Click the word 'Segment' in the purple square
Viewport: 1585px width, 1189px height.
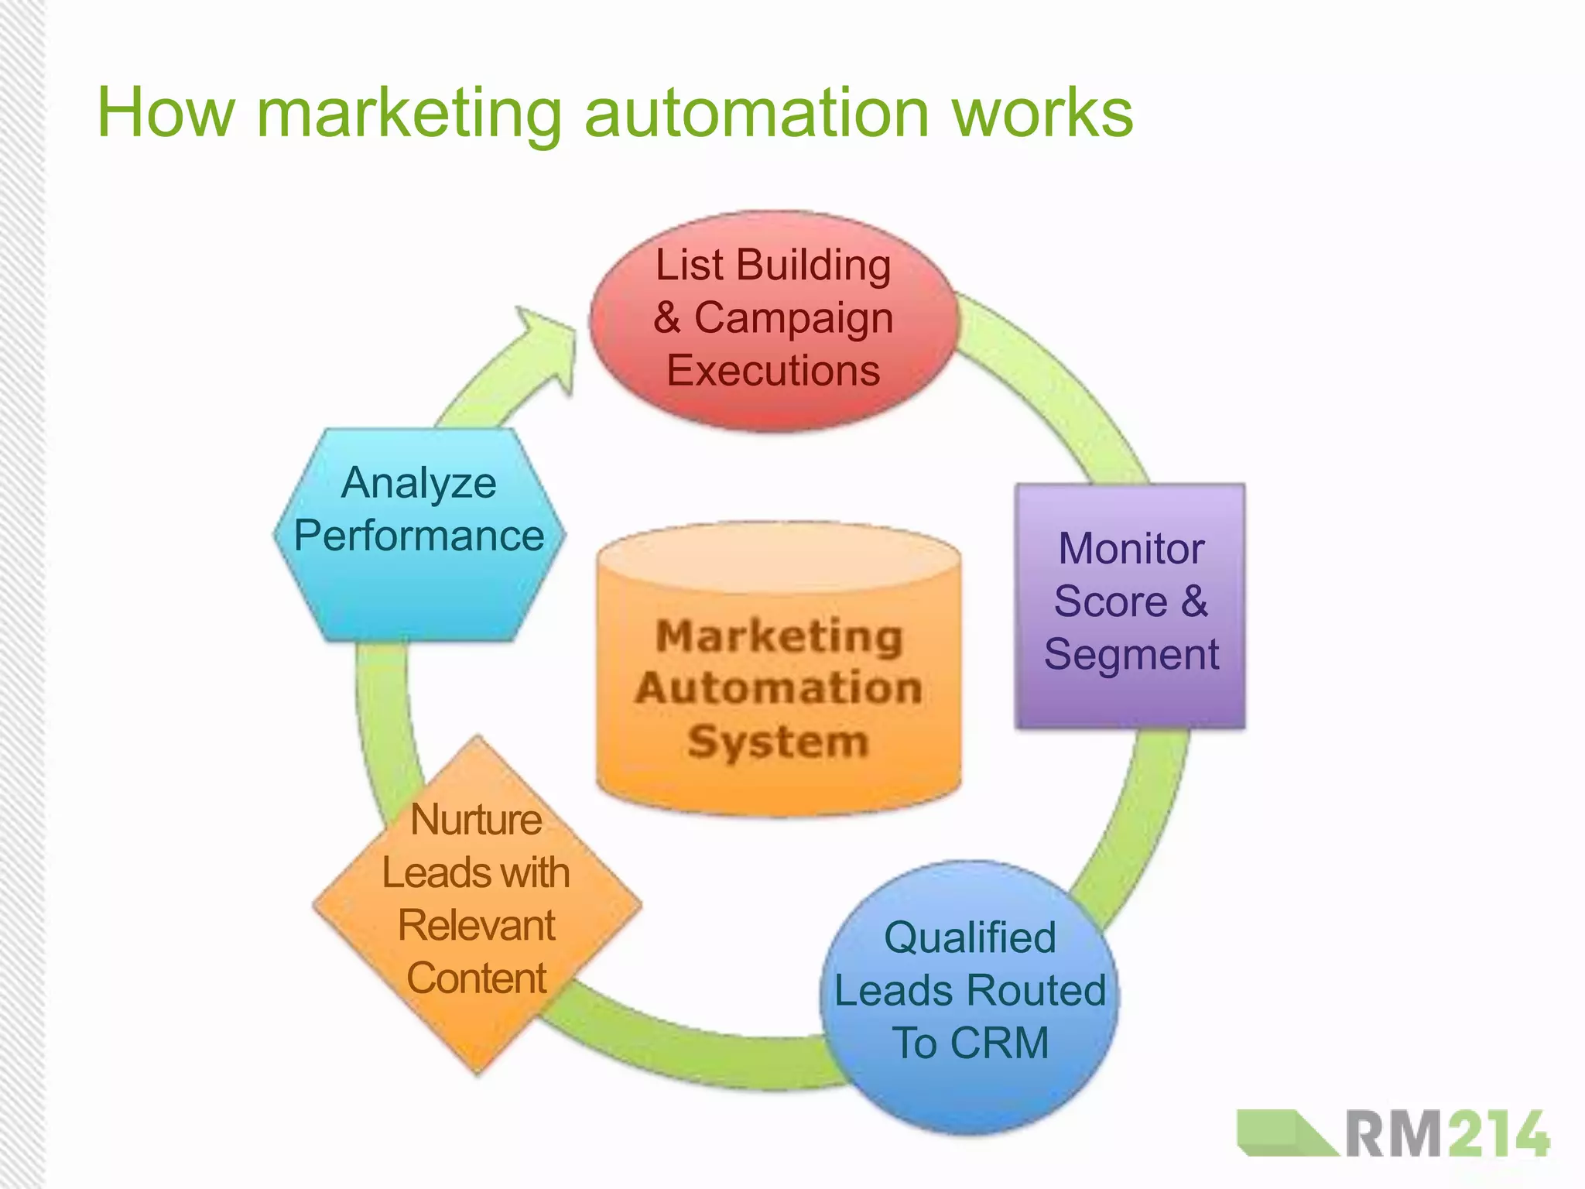(1131, 655)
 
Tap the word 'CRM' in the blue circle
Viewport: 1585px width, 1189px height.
(999, 1043)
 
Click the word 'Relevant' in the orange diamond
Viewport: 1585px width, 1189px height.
(477, 926)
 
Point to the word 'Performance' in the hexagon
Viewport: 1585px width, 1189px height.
(419, 536)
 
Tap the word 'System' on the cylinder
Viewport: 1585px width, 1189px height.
(778, 742)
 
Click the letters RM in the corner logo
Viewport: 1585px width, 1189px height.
(1393, 1134)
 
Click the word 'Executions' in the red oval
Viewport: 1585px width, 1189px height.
(773, 371)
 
